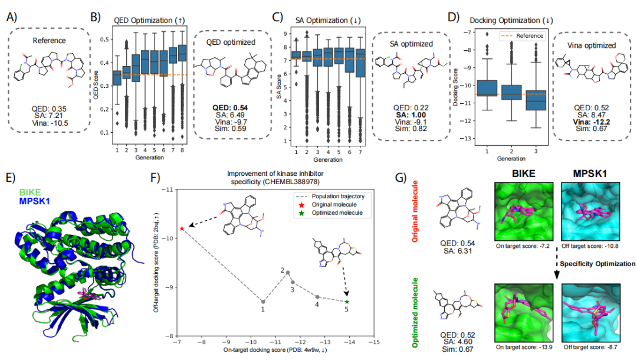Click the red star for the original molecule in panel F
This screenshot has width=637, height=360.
182,228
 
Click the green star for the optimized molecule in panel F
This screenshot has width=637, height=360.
347,302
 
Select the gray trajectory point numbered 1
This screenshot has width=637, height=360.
263,302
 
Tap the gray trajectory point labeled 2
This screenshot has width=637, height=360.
288,273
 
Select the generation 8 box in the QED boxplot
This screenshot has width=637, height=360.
182,53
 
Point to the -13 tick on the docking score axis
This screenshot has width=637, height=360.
470,139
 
